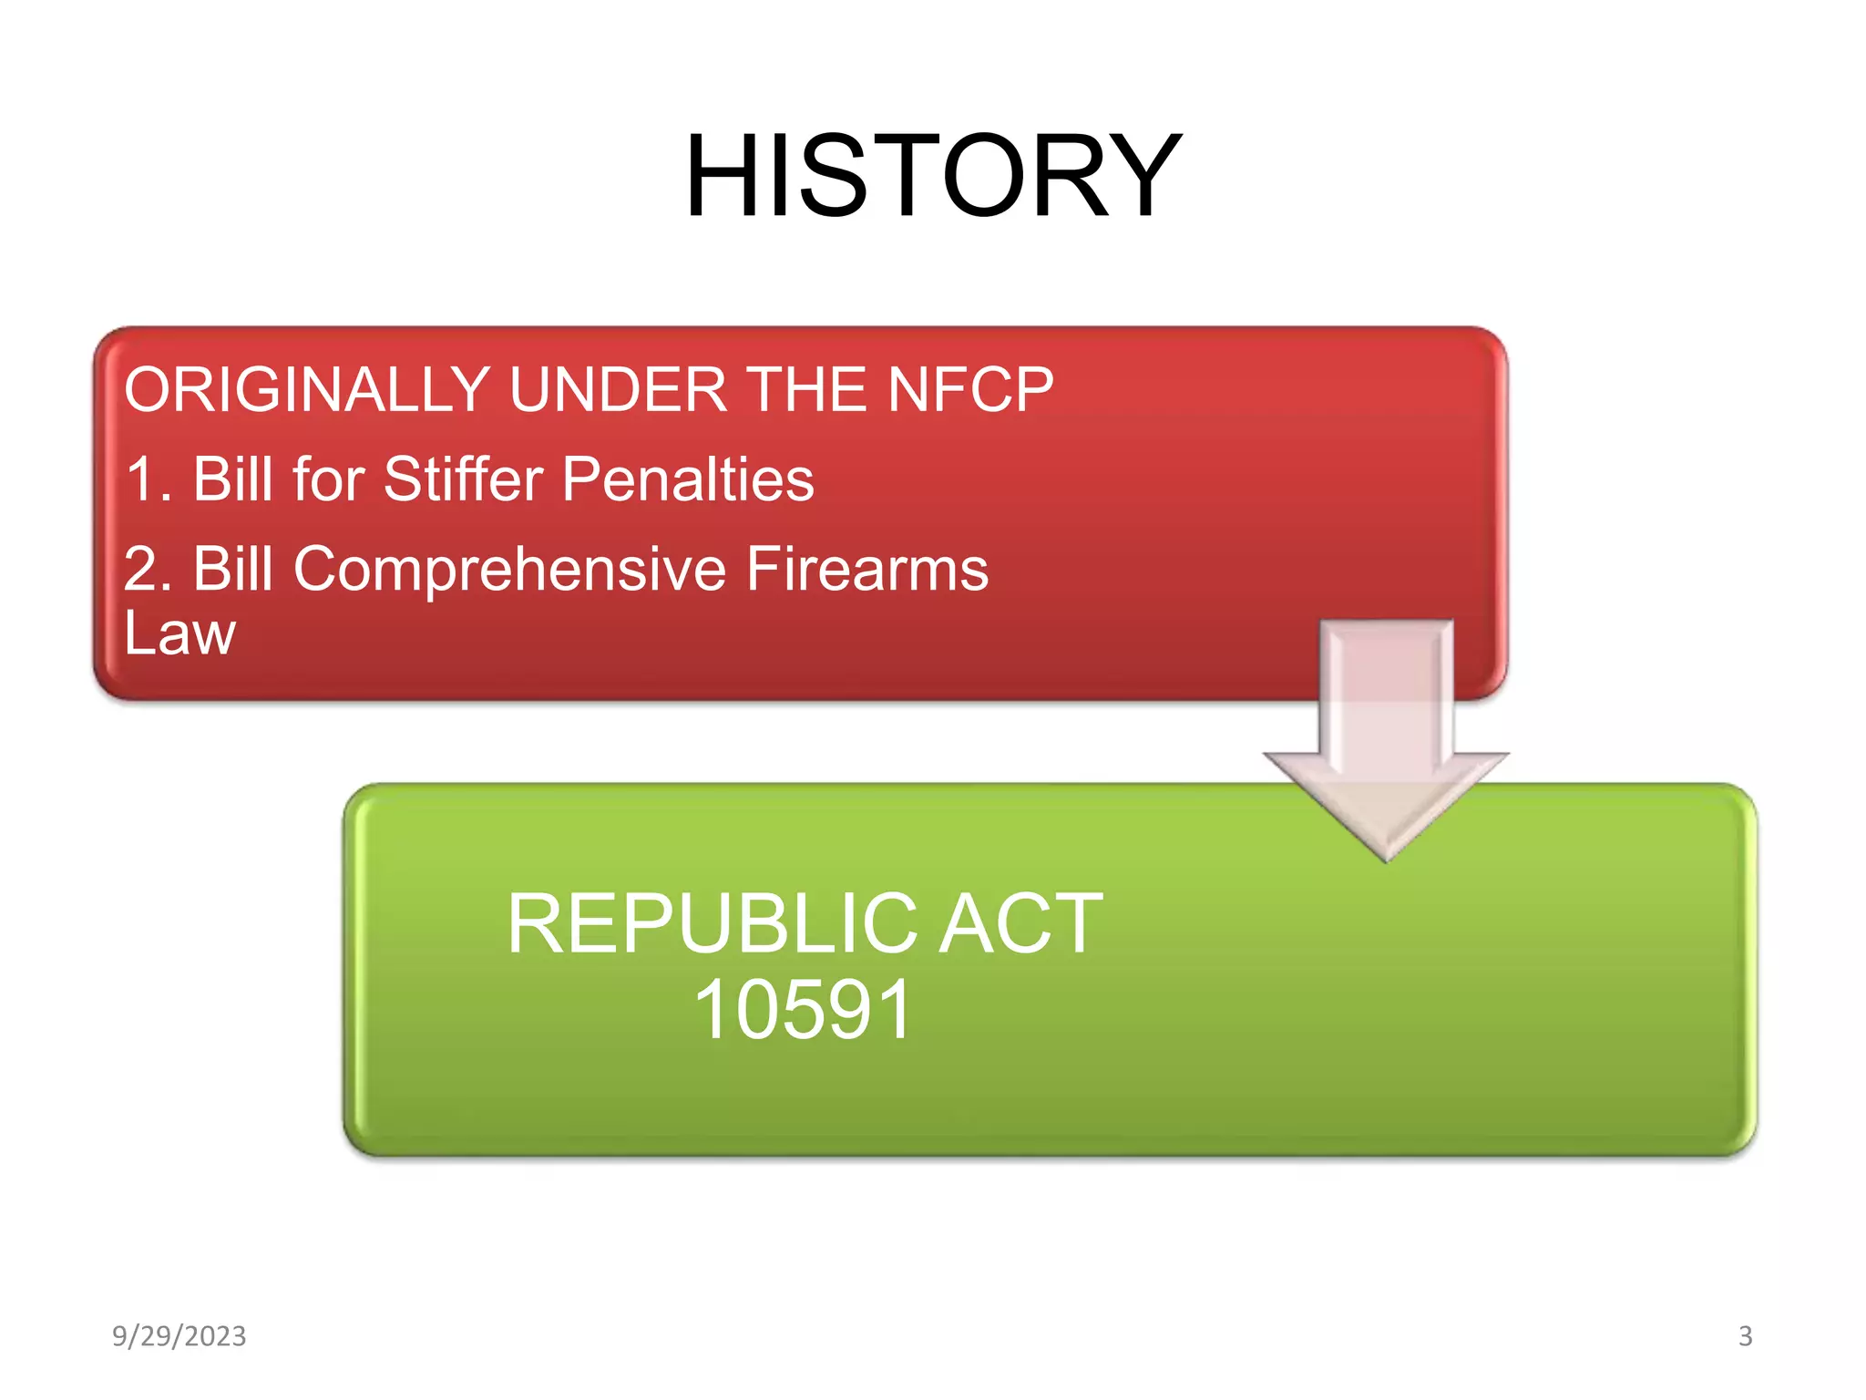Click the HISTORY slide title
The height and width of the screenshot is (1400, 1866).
(x=932, y=175)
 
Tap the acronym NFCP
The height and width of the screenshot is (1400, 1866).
(x=970, y=389)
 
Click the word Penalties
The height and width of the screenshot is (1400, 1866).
(x=688, y=479)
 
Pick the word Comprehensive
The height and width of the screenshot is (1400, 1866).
(x=509, y=569)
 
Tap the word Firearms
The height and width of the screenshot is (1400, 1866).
(x=866, y=569)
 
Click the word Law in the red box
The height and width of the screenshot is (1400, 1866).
(x=179, y=633)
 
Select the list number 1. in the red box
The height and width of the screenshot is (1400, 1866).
(x=149, y=479)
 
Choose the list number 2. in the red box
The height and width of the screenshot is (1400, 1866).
(x=149, y=569)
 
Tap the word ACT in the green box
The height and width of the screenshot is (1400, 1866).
(x=1020, y=924)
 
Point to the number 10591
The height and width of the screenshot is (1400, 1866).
(x=803, y=1010)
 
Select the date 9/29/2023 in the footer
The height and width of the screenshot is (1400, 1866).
(x=179, y=1336)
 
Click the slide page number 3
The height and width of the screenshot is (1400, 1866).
(x=1745, y=1336)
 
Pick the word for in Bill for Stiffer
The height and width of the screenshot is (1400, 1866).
(x=328, y=479)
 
